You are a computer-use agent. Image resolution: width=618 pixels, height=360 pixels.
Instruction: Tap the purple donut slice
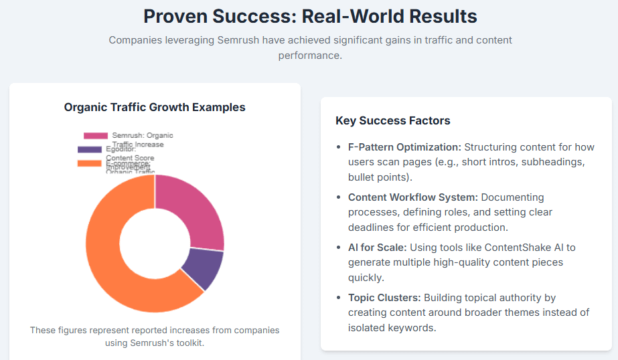pyautogui.click(x=204, y=268)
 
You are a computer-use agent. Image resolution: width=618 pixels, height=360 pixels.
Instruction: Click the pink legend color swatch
pyautogui.click(x=96, y=136)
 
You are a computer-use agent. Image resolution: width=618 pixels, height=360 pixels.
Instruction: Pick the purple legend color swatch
pyautogui.click(x=90, y=149)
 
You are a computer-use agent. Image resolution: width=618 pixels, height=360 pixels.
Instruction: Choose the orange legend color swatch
pyautogui.click(x=90, y=163)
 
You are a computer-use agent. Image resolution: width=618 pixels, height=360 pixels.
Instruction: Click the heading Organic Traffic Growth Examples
pyautogui.click(x=155, y=107)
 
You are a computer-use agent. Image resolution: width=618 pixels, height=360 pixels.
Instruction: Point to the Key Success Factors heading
pyautogui.click(x=392, y=121)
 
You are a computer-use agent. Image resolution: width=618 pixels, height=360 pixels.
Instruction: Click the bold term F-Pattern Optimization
pyautogui.click(x=404, y=147)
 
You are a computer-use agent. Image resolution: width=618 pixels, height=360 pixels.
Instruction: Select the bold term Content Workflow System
pyautogui.click(x=412, y=197)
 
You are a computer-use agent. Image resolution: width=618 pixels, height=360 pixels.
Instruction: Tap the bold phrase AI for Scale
pyautogui.click(x=377, y=248)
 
